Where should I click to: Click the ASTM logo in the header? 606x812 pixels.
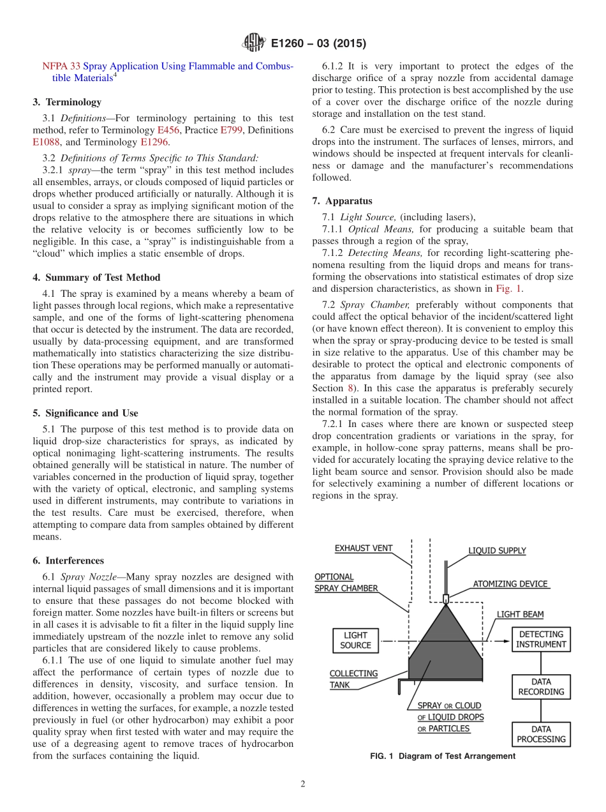pos(254,43)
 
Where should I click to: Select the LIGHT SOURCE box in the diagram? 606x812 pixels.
pos(355,640)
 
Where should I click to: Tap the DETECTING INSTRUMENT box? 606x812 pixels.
pos(541,639)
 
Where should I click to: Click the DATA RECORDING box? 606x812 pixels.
pos(541,686)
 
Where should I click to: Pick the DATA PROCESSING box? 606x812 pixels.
pos(541,734)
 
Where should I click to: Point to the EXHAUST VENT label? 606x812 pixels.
pos(364,548)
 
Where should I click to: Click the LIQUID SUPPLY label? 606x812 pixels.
pos(497,551)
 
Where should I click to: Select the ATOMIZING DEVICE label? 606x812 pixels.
pos(510,583)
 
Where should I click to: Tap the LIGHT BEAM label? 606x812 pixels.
pos(520,614)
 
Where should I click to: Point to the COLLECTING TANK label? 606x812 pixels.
pos(353,679)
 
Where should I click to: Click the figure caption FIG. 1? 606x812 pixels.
pos(442,756)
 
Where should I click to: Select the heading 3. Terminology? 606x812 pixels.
pos(67,101)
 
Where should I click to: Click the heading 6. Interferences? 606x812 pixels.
pos(68,560)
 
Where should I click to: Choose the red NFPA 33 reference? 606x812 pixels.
pos(61,66)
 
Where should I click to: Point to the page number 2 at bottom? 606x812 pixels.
pos(303,784)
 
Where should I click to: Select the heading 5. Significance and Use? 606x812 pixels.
pos(85,413)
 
